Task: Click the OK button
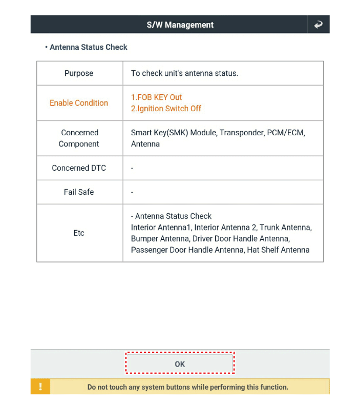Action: [x=180, y=364]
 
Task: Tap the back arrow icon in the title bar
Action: [x=319, y=25]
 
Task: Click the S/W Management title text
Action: [x=180, y=25]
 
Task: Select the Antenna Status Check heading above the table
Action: [x=88, y=47]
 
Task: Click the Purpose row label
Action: [x=79, y=73]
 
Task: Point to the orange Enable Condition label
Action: [x=79, y=103]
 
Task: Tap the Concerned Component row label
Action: [x=79, y=138]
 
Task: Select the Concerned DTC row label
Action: [x=79, y=168]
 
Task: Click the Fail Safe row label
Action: [x=79, y=192]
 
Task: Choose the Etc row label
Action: [x=79, y=233]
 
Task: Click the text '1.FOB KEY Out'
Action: [x=157, y=97]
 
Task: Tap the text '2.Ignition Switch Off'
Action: [x=166, y=109]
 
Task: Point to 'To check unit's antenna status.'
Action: [x=184, y=73]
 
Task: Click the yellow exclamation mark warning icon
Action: [x=40, y=387]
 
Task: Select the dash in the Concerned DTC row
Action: [x=132, y=169]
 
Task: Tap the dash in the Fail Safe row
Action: [x=132, y=193]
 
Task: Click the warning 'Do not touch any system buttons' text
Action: [x=187, y=387]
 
